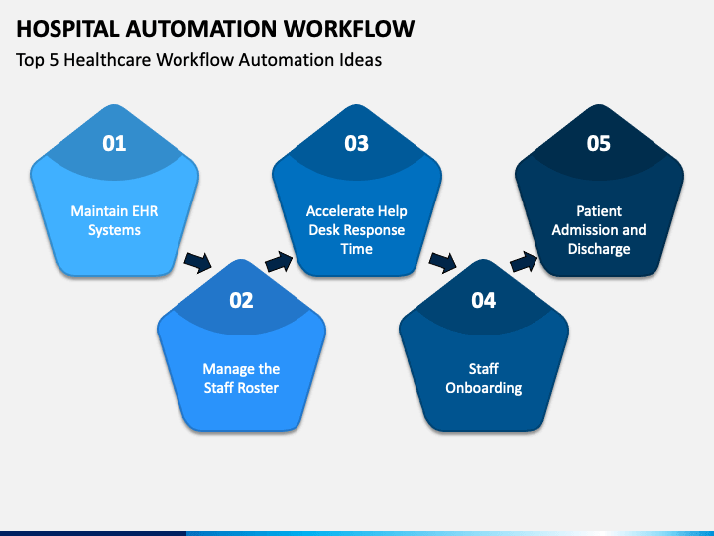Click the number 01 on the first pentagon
114,143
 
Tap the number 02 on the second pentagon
241,300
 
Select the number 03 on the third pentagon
356,143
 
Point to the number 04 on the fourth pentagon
483,300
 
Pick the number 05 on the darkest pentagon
598,143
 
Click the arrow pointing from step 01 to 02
198,262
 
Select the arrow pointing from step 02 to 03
279,262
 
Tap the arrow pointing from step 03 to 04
442,262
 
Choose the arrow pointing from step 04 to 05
524,262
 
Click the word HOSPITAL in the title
67,28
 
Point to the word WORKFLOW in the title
349,28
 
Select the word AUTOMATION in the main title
201,28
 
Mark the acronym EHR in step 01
144,211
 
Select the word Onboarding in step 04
484,388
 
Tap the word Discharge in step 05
599,249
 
